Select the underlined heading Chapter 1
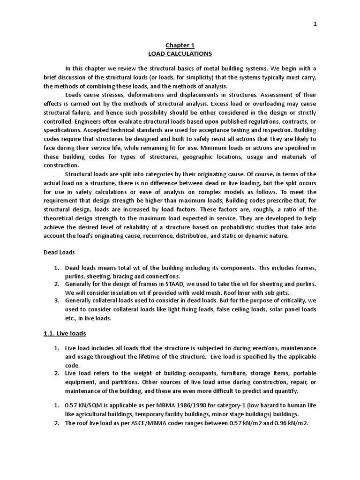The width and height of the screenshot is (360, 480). (180, 45)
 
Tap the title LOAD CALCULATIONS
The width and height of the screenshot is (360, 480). (180, 54)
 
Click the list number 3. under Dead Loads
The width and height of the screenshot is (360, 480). (56, 301)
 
